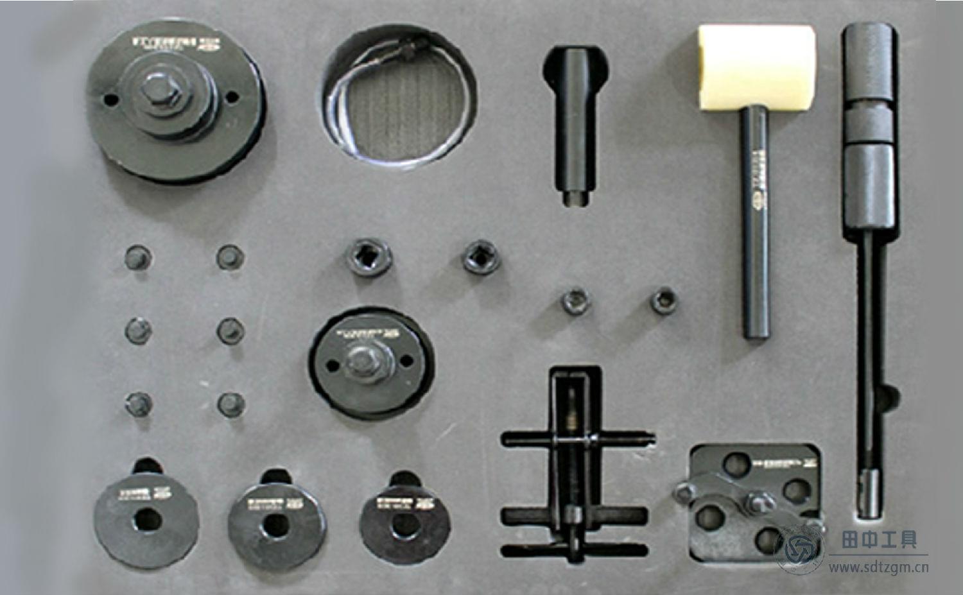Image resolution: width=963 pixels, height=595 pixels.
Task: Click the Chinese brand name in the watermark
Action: pyautogui.click(x=879, y=540)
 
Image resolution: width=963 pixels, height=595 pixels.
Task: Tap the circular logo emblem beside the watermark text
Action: pyautogui.click(x=799, y=548)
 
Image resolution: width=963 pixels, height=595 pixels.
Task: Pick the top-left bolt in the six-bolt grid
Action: pyautogui.click(x=137, y=258)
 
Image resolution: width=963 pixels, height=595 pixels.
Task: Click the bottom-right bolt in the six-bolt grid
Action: pyautogui.click(x=230, y=404)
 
